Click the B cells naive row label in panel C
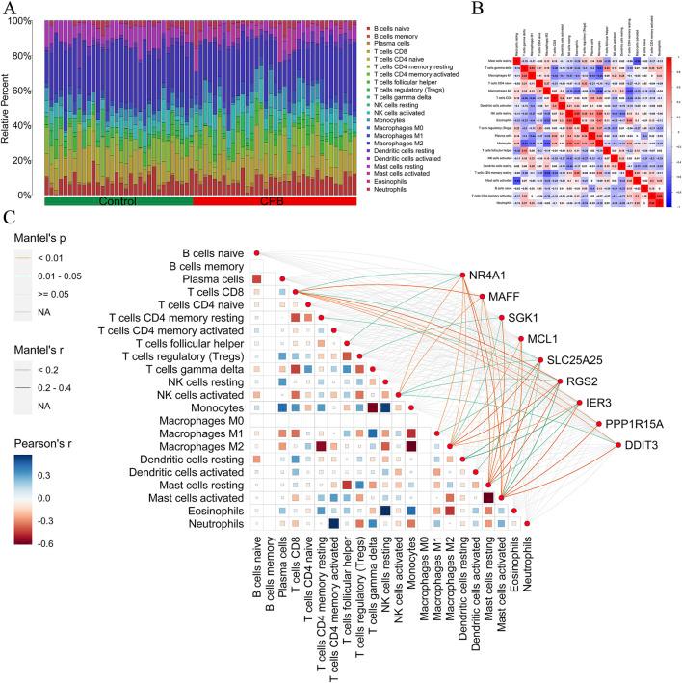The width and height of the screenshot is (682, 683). tap(206, 253)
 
